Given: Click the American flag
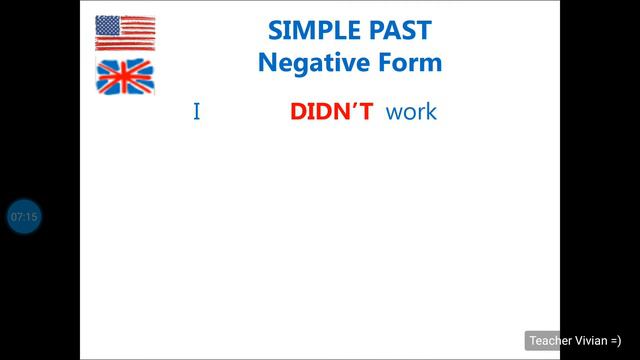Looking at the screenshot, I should click(125, 33).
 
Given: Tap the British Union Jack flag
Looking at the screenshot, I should click(125, 76).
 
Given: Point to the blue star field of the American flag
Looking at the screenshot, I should click(108, 25).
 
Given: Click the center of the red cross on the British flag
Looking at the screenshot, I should click(125, 76).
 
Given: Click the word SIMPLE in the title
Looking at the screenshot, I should click(308, 30).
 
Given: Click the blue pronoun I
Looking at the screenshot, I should click(197, 111).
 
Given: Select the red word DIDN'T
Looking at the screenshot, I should click(332, 111).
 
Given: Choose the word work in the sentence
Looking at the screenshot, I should click(411, 111).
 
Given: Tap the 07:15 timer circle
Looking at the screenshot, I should click(23, 216).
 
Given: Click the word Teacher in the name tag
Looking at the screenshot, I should click(551, 340).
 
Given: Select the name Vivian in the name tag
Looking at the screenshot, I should click(590, 340).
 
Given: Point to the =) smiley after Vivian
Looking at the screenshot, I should click(615, 340).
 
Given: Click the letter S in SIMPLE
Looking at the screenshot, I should click(276, 30).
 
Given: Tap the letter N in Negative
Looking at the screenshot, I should click(267, 63).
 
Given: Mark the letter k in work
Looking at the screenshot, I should click(431, 111).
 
